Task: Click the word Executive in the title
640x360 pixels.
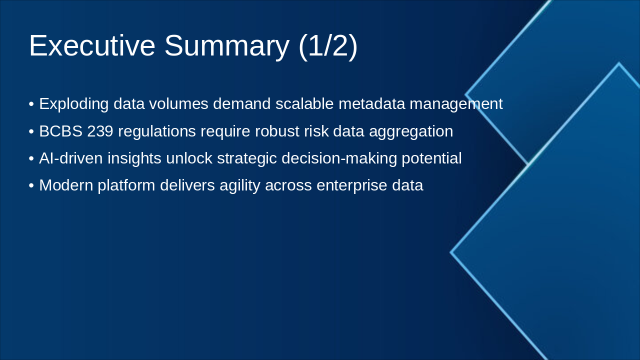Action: [x=92, y=45]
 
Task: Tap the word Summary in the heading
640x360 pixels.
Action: [x=226, y=45]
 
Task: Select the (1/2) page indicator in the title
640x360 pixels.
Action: [x=327, y=45]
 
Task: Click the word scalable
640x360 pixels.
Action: [x=304, y=104]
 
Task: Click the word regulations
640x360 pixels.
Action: [x=157, y=131]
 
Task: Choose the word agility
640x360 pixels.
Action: [x=241, y=185]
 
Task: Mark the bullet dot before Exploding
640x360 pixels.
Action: [x=31, y=104]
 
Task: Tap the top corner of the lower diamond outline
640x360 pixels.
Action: [x=618, y=63]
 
